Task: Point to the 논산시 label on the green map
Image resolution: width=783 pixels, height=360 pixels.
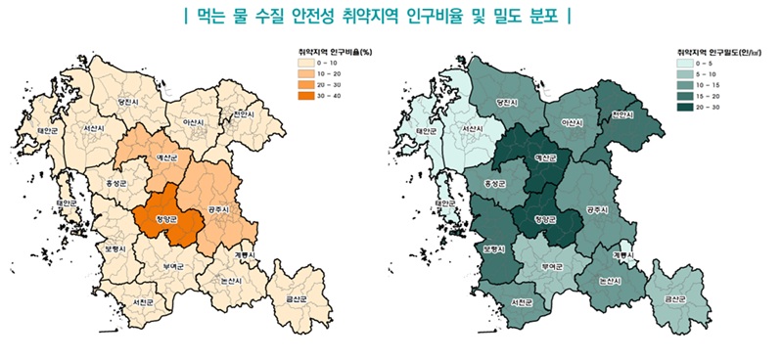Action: coord(608,281)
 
